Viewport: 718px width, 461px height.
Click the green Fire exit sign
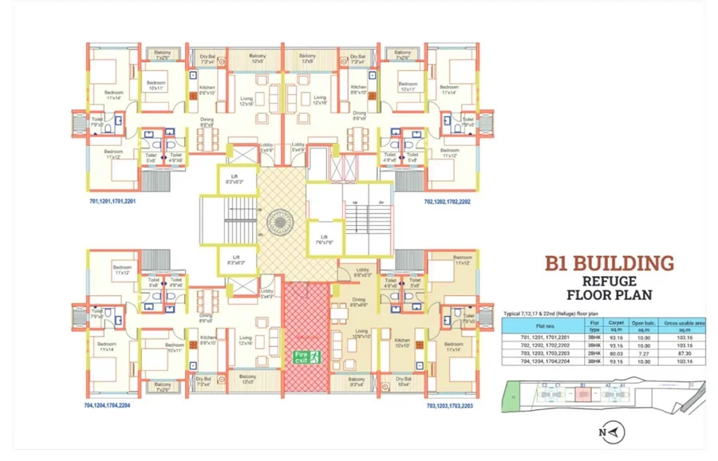tap(306, 357)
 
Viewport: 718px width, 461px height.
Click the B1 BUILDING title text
tap(610, 264)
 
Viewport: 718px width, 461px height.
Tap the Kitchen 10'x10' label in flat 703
tap(401, 342)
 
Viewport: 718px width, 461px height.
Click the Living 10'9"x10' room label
tap(362, 333)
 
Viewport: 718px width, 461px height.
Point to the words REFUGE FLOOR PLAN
tap(609, 288)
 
